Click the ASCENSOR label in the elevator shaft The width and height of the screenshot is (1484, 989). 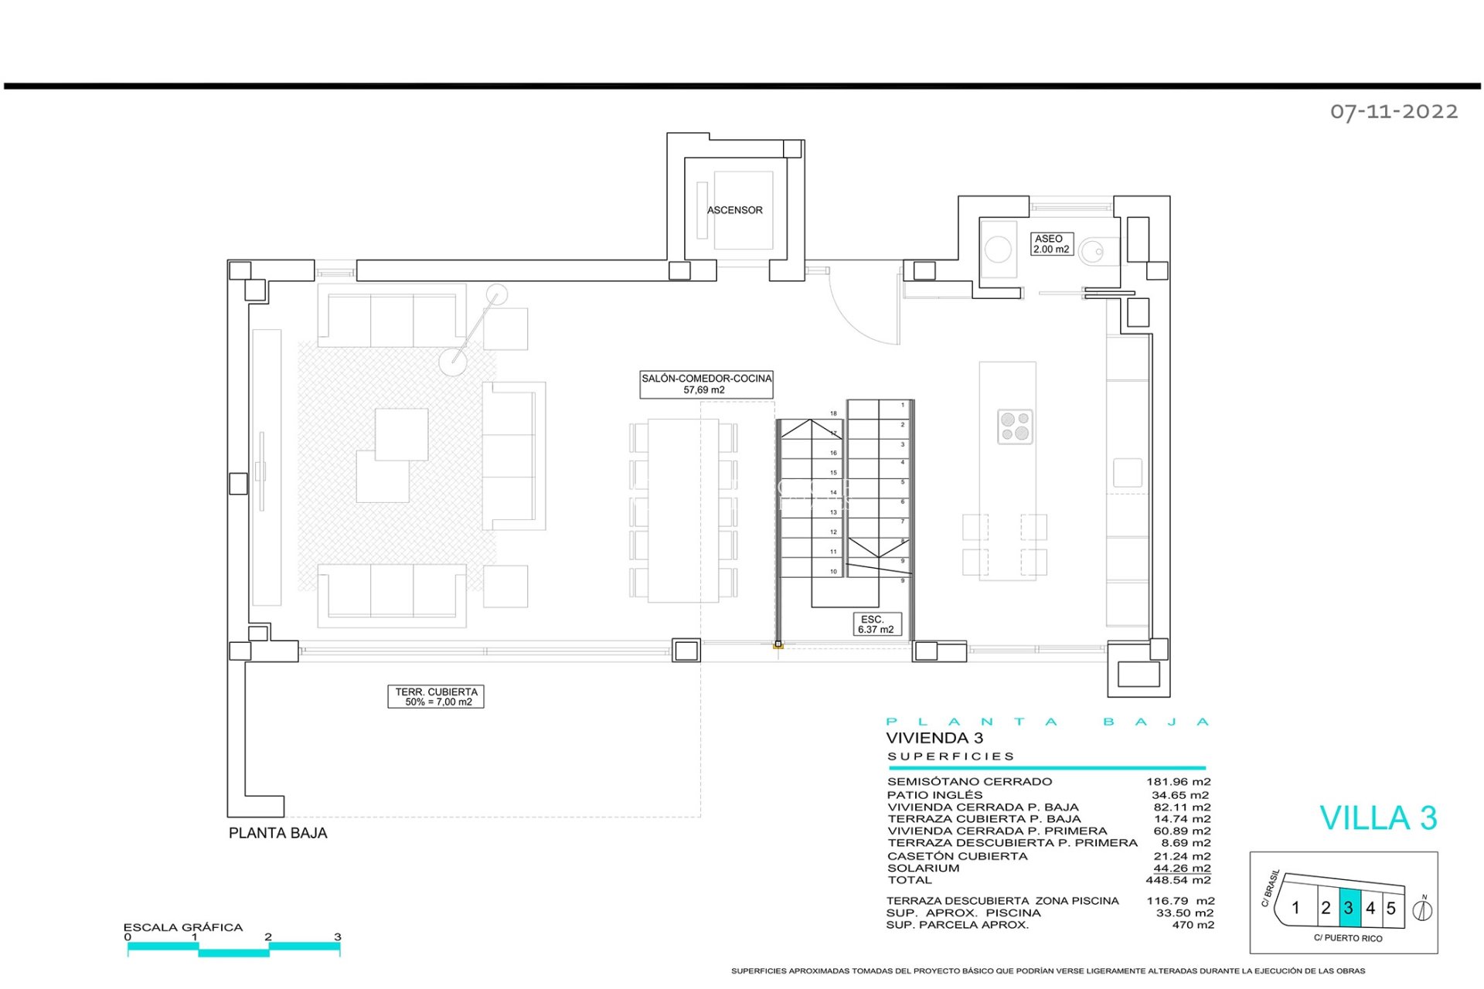734,210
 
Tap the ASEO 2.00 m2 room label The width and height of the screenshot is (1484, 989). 1051,244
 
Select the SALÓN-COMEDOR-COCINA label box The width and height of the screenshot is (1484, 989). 706,384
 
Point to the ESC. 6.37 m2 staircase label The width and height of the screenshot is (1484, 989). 876,624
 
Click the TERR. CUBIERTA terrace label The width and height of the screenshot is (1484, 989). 436,697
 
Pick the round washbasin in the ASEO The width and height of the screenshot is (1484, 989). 998,250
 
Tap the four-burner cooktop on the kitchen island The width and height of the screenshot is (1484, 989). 1015,427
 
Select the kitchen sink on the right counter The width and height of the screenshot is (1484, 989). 1128,473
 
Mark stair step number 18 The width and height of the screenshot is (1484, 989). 833,413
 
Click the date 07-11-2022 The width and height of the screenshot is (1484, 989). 1394,112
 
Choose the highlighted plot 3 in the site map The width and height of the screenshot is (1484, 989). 1349,908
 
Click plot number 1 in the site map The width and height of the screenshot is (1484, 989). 1296,908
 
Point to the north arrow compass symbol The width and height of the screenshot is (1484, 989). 1422,910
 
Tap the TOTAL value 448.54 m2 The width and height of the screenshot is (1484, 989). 1178,880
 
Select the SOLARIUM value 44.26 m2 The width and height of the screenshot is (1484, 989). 1182,868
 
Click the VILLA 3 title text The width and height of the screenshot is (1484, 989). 1377,818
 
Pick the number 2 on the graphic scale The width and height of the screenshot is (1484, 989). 268,936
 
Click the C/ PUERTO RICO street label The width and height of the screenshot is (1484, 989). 1348,938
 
